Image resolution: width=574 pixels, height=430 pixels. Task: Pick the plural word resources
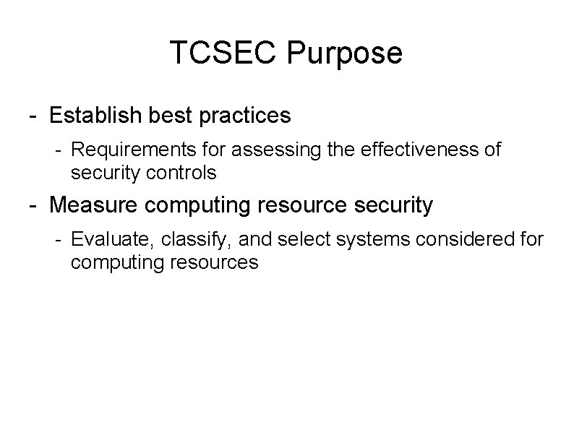point(215,262)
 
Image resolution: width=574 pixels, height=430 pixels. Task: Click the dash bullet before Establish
point(34,116)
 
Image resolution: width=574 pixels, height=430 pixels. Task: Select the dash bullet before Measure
point(34,206)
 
